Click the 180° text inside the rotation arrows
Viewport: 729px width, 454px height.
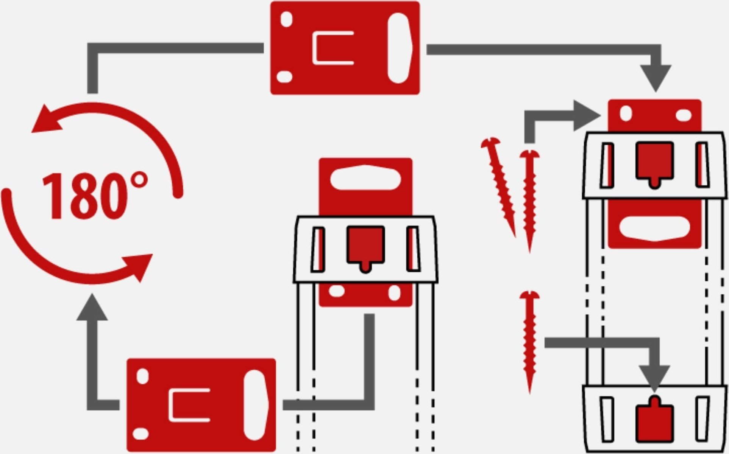(x=95, y=196)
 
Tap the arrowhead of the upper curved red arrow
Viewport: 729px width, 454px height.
(x=45, y=120)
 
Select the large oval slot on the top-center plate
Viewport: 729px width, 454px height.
(x=400, y=48)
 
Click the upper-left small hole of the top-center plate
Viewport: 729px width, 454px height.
(x=287, y=19)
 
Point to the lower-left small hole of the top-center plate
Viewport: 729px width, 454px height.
(x=284, y=76)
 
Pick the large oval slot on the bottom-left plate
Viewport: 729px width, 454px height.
(x=256, y=405)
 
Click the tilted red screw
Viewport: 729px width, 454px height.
(x=499, y=185)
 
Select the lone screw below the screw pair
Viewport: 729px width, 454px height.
(x=529, y=340)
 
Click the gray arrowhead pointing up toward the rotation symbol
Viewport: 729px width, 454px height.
(x=92, y=308)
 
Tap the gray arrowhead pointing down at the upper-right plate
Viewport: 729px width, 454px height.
(x=656, y=77)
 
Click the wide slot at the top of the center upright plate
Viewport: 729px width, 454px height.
(x=365, y=178)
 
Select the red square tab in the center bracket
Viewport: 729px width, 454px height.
(x=365, y=246)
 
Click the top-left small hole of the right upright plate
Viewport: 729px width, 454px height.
(x=626, y=113)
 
